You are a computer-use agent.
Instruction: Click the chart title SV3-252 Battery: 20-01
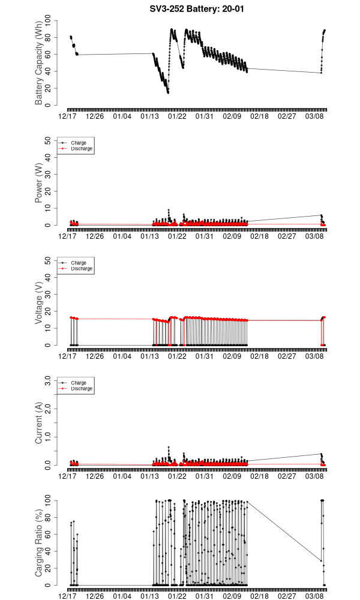[197, 9]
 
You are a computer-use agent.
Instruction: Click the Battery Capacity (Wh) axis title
[40, 64]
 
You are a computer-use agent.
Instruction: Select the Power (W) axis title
[40, 184]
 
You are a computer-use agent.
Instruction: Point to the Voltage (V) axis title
[40, 304]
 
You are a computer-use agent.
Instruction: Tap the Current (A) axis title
[40, 424]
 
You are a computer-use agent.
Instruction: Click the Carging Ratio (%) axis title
[40, 544]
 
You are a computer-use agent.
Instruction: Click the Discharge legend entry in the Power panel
[82, 148]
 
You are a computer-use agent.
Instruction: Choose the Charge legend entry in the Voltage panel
[79, 263]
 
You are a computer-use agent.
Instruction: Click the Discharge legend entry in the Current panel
[82, 388]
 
